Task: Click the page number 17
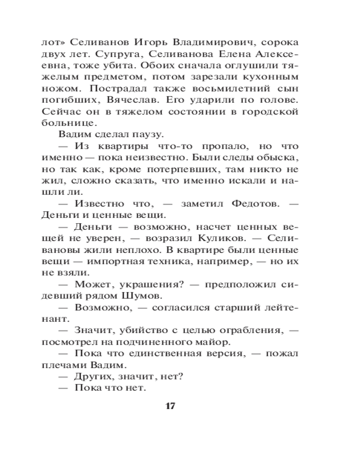170,406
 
